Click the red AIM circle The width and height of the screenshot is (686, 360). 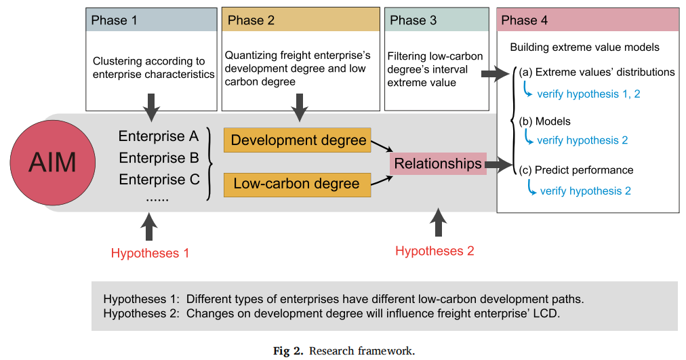(52, 162)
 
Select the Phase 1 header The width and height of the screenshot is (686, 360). (150, 20)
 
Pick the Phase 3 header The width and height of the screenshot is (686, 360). (436, 20)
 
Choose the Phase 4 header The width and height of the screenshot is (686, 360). (588, 20)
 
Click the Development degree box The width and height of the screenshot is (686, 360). (298, 141)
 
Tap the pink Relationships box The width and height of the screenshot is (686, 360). (438, 163)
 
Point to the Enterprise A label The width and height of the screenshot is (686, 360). (159, 137)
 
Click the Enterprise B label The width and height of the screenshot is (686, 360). (159, 158)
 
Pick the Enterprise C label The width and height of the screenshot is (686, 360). (159, 180)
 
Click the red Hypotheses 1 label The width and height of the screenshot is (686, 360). (150, 254)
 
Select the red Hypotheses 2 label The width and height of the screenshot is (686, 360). (435, 251)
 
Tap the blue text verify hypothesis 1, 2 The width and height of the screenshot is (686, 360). (588, 94)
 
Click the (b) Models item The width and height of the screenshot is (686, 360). (545, 121)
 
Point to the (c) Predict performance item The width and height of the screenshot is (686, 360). (576, 170)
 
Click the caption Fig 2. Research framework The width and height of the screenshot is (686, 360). (344, 351)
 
